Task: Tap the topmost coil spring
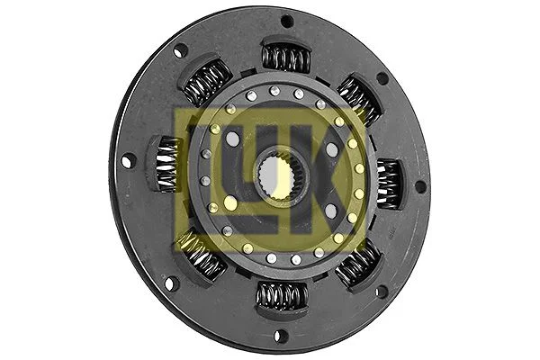pyautogui.click(x=285, y=58)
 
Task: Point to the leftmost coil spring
pyautogui.click(x=166, y=163)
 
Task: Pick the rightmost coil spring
pyautogui.click(x=389, y=183)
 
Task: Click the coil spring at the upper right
pyautogui.click(x=357, y=99)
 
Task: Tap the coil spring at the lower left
pyautogui.click(x=203, y=256)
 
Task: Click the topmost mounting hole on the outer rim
pyautogui.click(x=286, y=21)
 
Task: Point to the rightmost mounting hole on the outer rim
pyautogui.click(x=419, y=187)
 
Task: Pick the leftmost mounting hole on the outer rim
pyautogui.click(x=127, y=161)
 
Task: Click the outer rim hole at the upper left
pyautogui.click(x=181, y=51)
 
